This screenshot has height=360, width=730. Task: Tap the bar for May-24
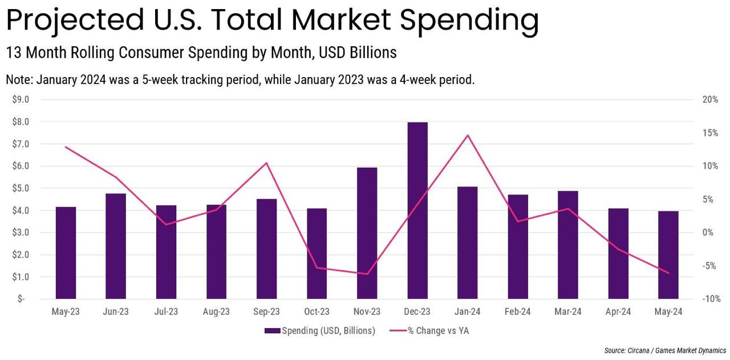coord(668,254)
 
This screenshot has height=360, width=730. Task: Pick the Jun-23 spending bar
coord(116,246)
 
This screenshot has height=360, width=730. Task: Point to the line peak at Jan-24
coord(468,135)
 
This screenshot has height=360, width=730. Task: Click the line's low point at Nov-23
coord(367,274)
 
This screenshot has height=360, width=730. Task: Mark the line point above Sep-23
coord(266,163)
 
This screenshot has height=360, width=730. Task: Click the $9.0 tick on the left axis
coord(21,100)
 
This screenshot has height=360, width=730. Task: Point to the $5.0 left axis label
coord(21,188)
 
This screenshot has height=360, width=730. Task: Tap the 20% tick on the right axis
coord(710,100)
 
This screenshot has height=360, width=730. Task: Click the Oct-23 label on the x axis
coord(317,312)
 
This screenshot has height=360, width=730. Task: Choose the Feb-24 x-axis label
coord(517,312)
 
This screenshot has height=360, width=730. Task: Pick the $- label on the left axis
coord(21,299)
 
